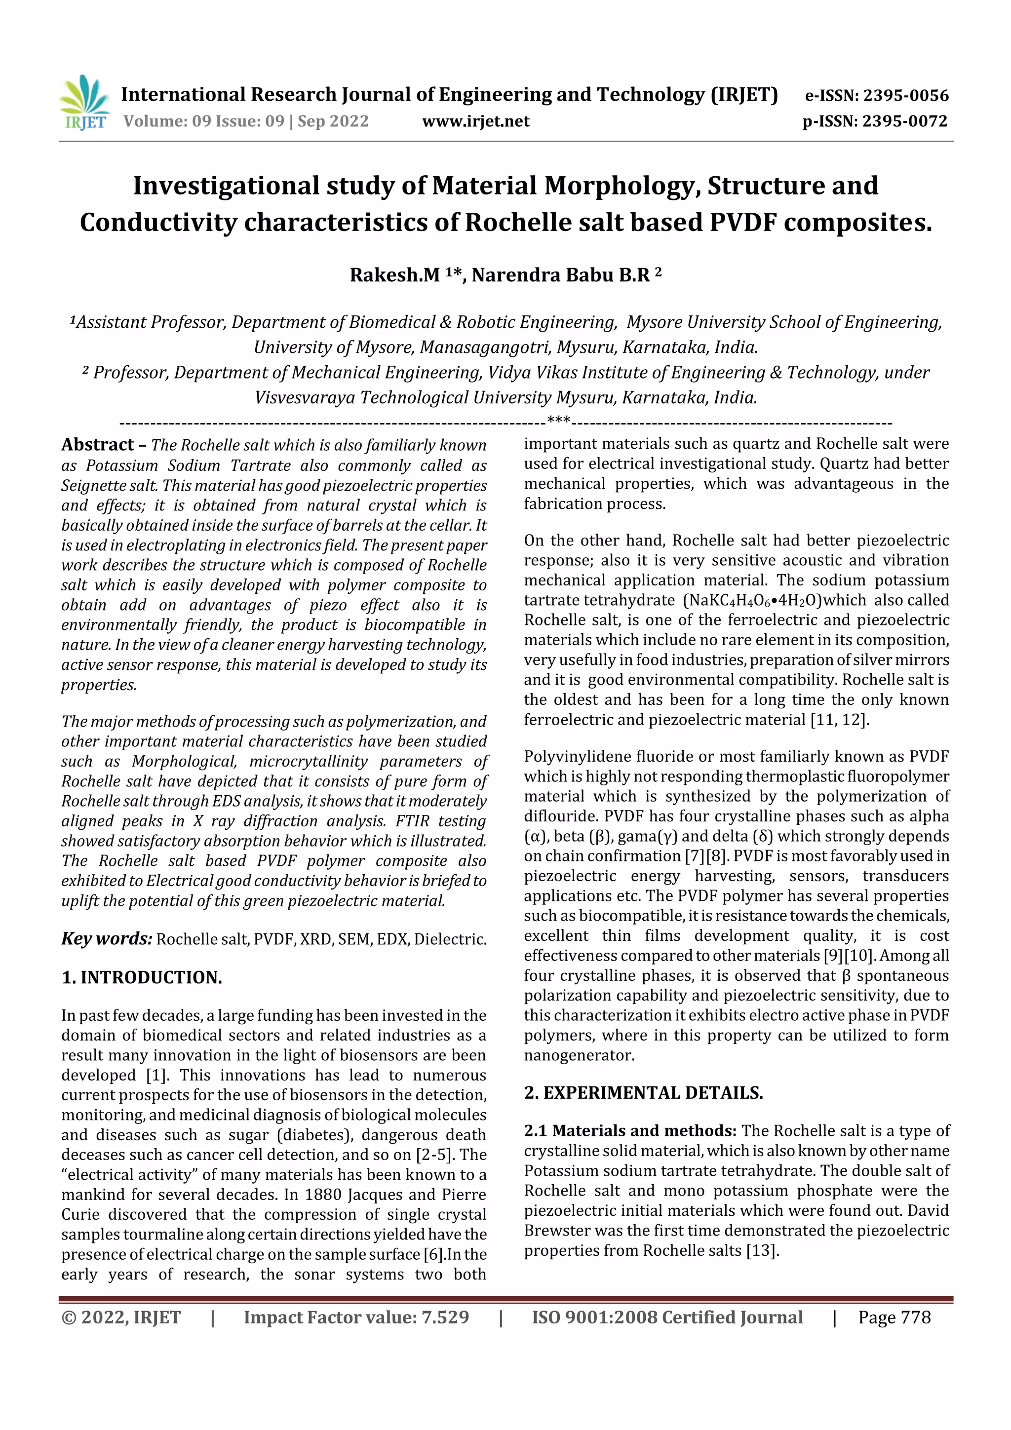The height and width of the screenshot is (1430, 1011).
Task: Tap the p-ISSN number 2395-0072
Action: (x=904, y=121)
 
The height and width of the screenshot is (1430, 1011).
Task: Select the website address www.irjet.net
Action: (x=476, y=121)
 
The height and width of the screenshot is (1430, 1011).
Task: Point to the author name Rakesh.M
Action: (x=395, y=274)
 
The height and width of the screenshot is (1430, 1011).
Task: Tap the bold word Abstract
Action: (x=98, y=445)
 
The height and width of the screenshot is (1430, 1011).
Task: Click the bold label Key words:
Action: (x=107, y=938)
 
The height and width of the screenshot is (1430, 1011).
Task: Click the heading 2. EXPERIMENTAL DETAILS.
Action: (x=644, y=1093)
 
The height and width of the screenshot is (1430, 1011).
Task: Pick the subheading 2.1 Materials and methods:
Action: (x=630, y=1130)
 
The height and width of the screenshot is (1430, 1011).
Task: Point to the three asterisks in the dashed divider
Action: (x=559, y=422)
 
